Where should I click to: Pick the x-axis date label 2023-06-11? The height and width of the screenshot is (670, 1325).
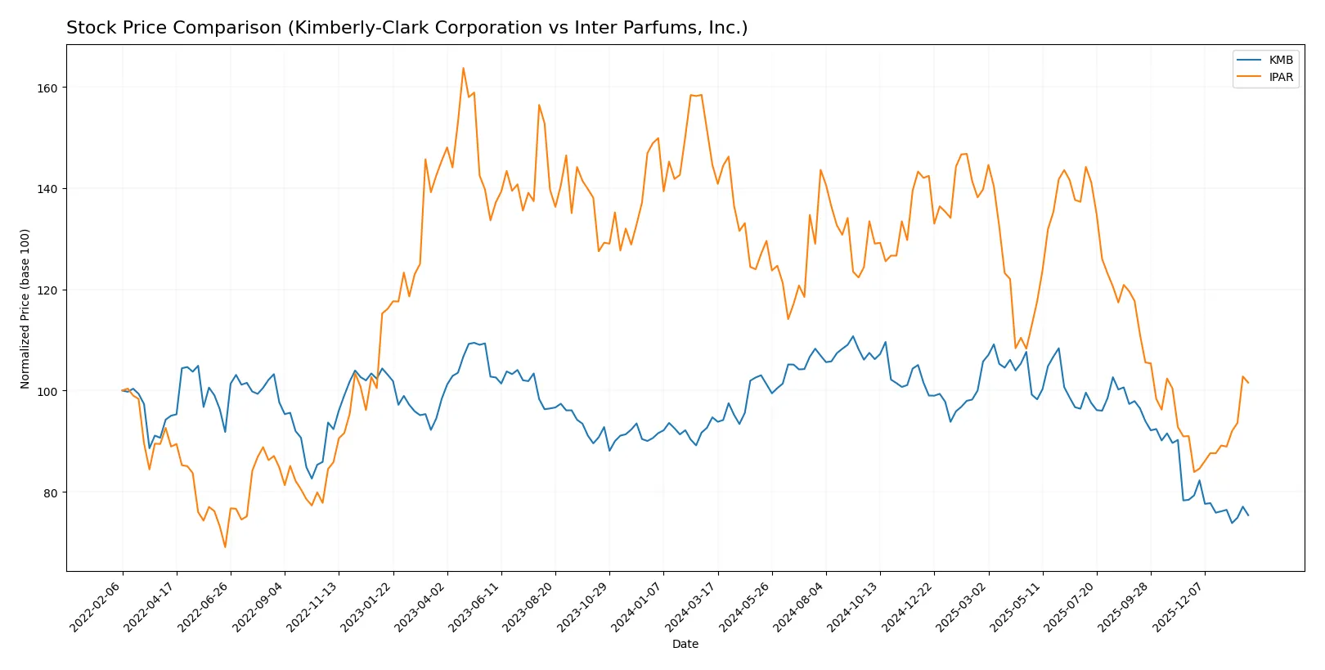(x=477, y=606)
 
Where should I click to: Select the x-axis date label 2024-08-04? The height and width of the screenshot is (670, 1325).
(x=802, y=606)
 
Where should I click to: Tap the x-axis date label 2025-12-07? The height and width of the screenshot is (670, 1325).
(x=1180, y=606)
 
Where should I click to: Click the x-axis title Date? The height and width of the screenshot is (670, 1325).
(x=685, y=644)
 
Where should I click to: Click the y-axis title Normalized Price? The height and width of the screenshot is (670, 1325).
(x=25, y=308)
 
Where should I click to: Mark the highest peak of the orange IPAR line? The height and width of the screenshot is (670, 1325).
(x=463, y=68)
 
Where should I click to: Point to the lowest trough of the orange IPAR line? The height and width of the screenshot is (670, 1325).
(x=225, y=546)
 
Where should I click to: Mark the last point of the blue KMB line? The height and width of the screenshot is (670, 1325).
(x=1248, y=515)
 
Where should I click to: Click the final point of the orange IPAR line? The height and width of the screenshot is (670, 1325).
(x=1248, y=383)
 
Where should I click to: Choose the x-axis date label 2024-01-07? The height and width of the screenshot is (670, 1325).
(x=639, y=606)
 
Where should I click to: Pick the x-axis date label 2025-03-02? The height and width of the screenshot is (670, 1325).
(x=963, y=606)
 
